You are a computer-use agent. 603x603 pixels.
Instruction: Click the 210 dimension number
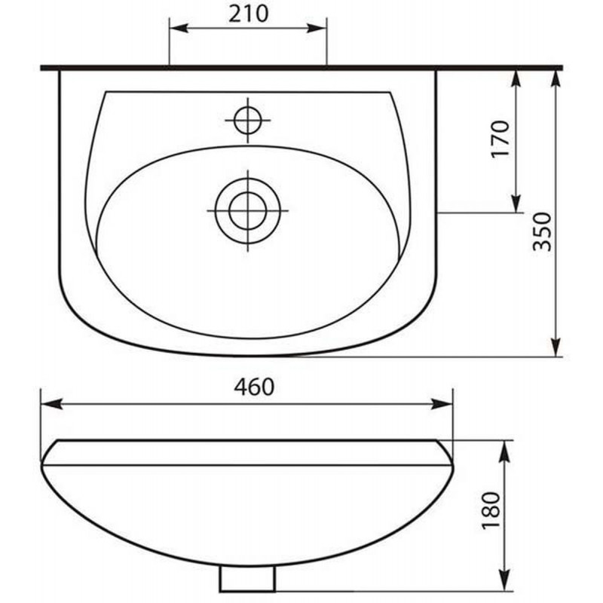point(248,14)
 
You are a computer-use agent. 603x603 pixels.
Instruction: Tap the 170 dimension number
point(500,139)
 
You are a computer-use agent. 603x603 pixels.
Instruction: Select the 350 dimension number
point(542,231)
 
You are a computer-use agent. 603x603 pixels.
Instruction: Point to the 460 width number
point(254,387)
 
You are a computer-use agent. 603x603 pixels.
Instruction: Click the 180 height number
point(491,510)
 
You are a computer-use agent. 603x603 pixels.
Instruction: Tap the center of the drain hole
point(248,211)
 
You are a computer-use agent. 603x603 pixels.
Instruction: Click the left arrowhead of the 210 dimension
point(179,28)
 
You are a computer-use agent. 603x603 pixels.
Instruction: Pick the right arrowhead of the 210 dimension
point(317,28)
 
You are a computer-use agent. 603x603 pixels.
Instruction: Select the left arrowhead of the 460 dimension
point(51,404)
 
